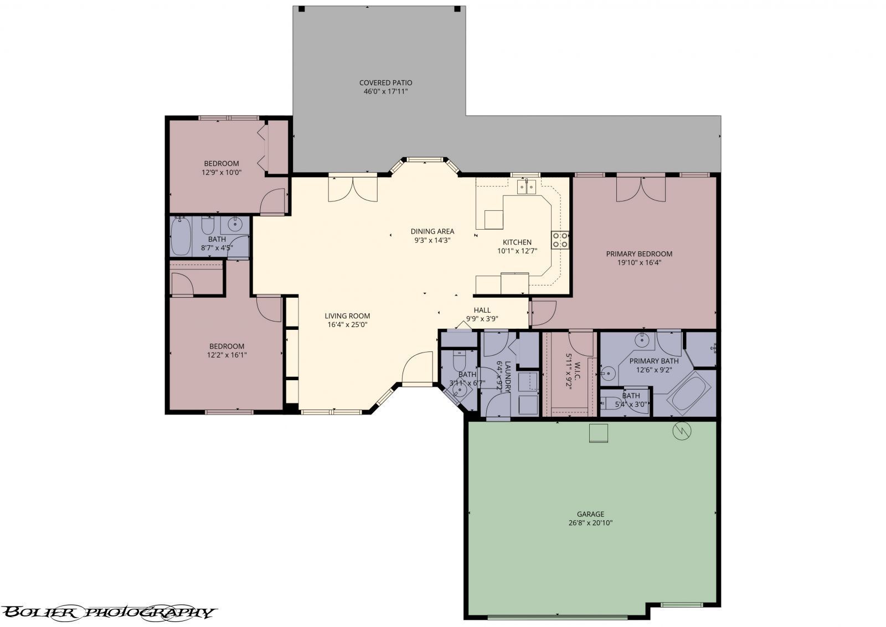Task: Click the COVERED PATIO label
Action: (x=385, y=83)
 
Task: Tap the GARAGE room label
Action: (x=591, y=514)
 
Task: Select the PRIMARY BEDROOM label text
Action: (x=639, y=254)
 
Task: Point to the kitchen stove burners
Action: (x=560, y=240)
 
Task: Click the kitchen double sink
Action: (x=527, y=188)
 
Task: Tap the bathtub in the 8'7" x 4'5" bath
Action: (x=181, y=237)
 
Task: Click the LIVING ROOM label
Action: (x=347, y=316)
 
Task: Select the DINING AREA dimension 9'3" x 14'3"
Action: (x=432, y=240)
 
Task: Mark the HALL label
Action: (x=482, y=310)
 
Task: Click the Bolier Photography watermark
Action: (x=108, y=612)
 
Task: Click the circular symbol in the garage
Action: (x=682, y=431)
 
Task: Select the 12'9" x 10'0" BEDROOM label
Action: (x=221, y=163)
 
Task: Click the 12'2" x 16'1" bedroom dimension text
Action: (x=226, y=355)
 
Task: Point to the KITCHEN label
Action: (x=517, y=242)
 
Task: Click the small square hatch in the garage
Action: (x=598, y=433)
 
